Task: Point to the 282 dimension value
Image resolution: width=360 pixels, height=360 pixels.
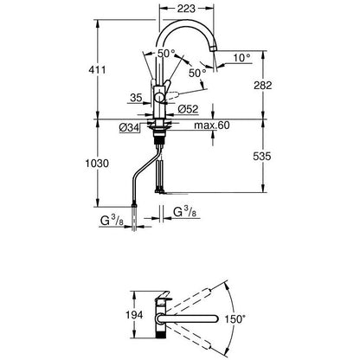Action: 274,85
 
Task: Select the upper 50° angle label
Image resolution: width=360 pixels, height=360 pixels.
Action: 163,54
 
